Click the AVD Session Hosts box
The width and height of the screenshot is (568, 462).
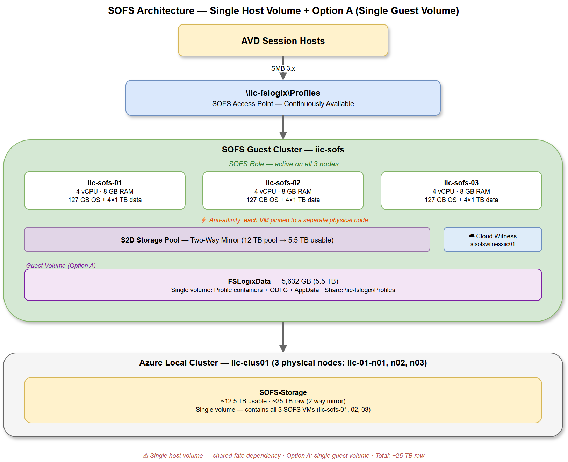[283, 41]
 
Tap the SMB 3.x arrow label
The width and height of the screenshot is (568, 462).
[283, 68]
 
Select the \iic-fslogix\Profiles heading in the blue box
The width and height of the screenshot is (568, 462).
[283, 93]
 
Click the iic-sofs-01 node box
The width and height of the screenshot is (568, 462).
[105, 190]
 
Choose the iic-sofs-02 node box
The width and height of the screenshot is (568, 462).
[283, 190]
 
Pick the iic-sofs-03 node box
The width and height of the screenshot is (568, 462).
[461, 190]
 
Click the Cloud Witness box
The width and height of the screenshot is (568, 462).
[492, 239]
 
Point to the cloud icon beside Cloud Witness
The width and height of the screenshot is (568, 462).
[472, 236]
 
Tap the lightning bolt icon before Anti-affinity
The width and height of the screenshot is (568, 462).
[203, 220]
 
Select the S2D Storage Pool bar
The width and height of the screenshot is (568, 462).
[227, 240]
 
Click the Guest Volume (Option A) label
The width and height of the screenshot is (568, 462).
[61, 266]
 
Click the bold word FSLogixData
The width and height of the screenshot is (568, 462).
[249, 281]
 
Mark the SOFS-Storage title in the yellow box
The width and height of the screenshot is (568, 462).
[283, 392]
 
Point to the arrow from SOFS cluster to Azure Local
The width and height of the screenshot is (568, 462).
[283, 337]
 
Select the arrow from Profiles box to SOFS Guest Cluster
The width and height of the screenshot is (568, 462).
[283, 128]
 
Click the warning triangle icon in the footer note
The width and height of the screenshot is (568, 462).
[145, 456]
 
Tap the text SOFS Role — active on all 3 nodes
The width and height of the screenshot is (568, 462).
[283, 164]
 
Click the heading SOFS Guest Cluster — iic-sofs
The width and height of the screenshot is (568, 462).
[283, 150]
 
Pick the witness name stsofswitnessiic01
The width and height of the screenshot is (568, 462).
[492, 244]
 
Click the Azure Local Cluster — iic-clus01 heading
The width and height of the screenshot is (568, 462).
[283, 363]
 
